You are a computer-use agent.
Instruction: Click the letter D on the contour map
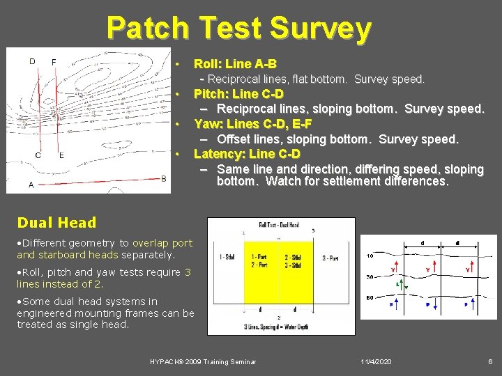pyautogui.click(x=32, y=61)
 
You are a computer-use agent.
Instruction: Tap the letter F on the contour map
pyautogui.click(x=54, y=62)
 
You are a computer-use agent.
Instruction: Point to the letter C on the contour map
pyautogui.click(x=38, y=155)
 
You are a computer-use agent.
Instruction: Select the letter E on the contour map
pyautogui.click(x=61, y=155)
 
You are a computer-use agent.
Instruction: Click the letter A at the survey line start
pyautogui.click(x=31, y=185)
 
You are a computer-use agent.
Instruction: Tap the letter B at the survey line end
pyautogui.click(x=163, y=179)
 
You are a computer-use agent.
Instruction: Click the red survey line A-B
pyautogui.click(x=98, y=181)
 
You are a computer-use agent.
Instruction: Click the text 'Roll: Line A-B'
pyautogui.click(x=235, y=64)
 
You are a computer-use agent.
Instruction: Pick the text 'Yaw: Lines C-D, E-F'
pyautogui.click(x=252, y=124)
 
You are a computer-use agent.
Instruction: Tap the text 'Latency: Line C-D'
pyautogui.click(x=247, y=154)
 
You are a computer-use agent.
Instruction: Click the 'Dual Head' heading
pyautogui.click(x=56, y=223)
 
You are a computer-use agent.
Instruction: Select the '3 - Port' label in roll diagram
pyautogui.click(x=330, y=258)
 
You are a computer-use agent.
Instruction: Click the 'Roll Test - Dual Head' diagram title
pyautogui.click(x=279, y=225)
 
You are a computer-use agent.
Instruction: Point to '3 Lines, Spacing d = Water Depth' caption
pyautogui.click(x=281, y=327)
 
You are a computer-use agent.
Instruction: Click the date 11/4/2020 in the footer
pyautogui.click(x=376, y=362)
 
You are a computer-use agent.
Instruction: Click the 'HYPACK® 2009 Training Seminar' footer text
pyautogui.click(x=203, y=362)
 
